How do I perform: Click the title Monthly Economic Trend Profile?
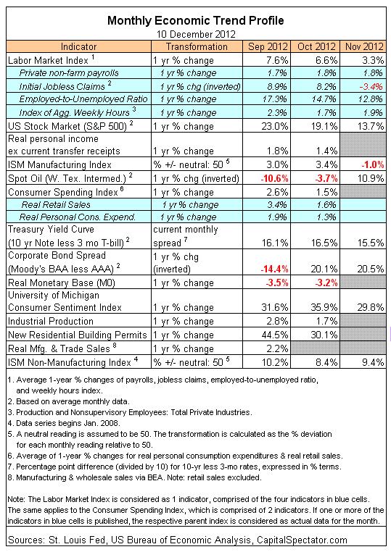coord(195,20)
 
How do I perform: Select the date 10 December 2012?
coord(196,34)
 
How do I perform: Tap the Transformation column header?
coord(197,46)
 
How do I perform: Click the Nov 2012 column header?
coord(364,46)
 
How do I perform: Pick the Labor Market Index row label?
coord(48,60)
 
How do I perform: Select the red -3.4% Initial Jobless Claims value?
coord(371,86)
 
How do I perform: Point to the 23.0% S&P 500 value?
coord(275,126)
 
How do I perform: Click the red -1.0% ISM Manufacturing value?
coord(371,164)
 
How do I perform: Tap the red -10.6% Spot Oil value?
coord(275,178)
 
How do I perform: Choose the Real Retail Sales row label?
coord(56,204)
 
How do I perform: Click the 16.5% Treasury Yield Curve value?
coord(324,243)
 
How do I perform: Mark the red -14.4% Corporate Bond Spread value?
coord(275,269)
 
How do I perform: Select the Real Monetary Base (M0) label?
coord(62,283)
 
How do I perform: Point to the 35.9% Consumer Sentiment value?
coord(324,307)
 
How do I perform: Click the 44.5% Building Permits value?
coord(275,335)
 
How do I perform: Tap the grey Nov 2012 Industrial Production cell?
coord(363,321)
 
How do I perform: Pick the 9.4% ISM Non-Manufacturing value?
coord(373,362)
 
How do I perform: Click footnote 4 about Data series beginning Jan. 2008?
coord(64,423)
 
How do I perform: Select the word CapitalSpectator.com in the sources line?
coord(302,540)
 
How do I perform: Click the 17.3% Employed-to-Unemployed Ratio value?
coord(275,99)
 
